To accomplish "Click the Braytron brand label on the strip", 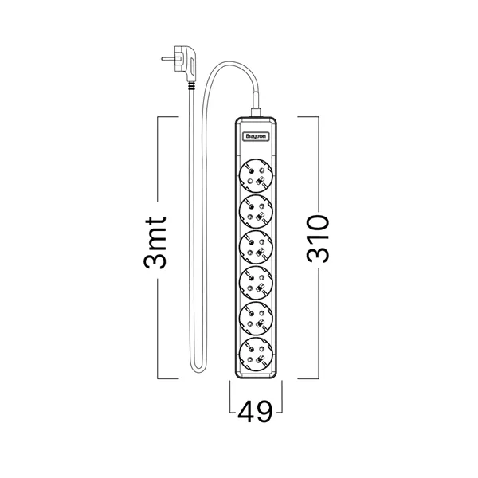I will point(257,136).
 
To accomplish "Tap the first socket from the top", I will point(257,173).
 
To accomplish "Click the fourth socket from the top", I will point(257,282).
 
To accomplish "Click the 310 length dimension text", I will point(319,237).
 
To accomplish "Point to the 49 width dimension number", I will point(256,411).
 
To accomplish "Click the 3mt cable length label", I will point(159,242).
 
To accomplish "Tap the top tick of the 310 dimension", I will point(309,118).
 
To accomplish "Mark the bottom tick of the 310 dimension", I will point(309,378).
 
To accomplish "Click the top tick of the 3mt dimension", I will point(167,118).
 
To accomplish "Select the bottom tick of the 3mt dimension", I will point(167,378).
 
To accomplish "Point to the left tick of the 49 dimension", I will point(230,394).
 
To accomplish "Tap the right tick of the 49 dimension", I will point(281,394).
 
